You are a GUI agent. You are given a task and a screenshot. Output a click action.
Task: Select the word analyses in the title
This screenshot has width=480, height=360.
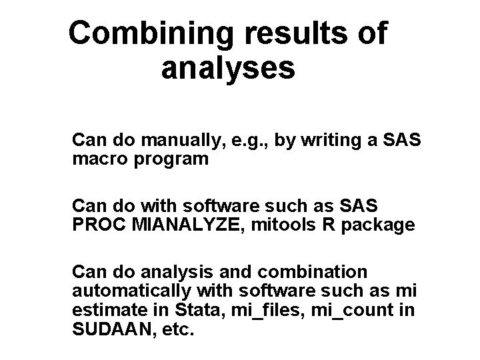(227, 68)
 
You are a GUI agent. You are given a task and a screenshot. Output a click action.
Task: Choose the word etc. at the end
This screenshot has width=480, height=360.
(177, 329)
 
